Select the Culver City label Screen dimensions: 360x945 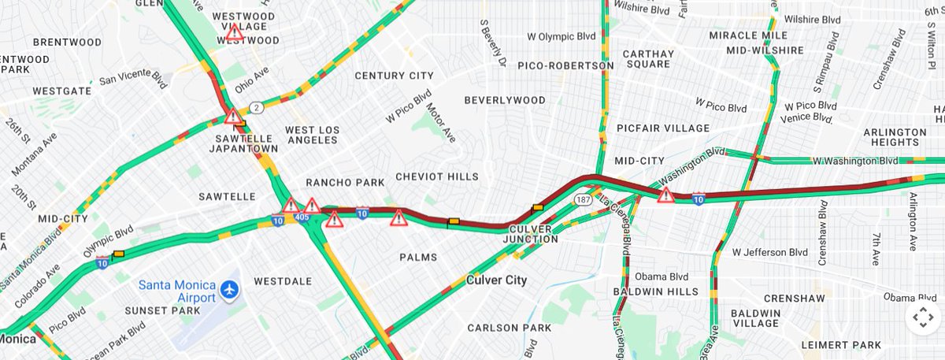point(496,280)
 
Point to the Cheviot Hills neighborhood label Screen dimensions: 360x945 point(436,176)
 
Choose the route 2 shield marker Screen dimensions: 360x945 point(256,107)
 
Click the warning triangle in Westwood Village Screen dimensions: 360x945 point(234,33)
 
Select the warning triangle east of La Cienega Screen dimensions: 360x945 point(666,195)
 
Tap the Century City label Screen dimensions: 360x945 point(394,76)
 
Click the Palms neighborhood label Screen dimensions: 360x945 point(418,257)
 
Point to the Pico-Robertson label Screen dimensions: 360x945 point(565,65)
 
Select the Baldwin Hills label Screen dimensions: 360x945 point(655,291)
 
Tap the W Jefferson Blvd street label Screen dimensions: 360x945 point(769,253)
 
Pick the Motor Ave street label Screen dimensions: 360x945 point(442,123)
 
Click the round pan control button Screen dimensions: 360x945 point(922,318)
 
